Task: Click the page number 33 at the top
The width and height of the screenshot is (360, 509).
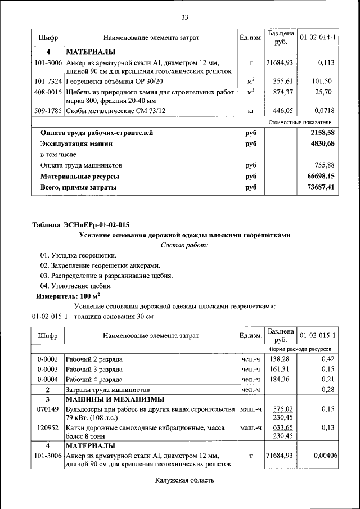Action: click(184, 17)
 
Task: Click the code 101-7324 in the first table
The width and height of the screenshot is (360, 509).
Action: click(48, 81)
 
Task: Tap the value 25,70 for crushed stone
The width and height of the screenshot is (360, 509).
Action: click(324, 92)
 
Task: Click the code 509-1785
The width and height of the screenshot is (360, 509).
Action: click(48, 111)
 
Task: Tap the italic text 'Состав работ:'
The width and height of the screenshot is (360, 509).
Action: click(184, 245)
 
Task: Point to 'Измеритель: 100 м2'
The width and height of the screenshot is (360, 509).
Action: click(67, 296)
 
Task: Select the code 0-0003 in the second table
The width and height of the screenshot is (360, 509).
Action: click(48, 370)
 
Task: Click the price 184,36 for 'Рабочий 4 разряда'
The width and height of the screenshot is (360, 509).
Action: click(279, 380)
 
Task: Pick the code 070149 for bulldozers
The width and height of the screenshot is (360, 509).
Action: click(48, 409)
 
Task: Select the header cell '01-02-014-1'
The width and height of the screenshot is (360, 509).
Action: click(318, 38)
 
